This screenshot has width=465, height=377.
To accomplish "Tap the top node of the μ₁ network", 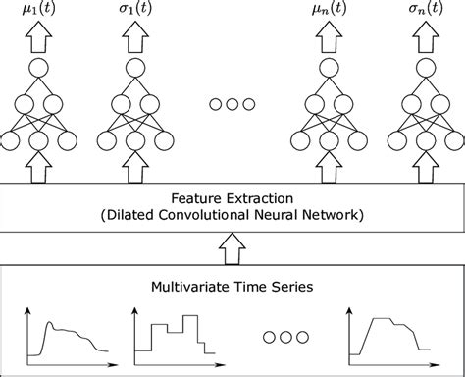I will tap(39, 70).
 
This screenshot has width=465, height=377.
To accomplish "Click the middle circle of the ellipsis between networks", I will tap(232, 104).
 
